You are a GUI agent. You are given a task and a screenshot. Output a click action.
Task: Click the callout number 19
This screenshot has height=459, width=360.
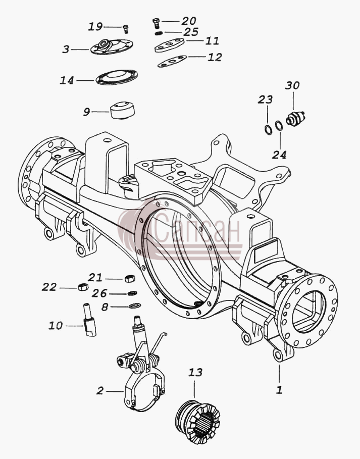tap(95, 27)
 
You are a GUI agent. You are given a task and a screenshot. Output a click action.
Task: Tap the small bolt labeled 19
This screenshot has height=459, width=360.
tap(126, 28)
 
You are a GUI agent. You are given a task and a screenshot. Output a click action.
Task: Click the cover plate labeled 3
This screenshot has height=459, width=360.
tap(112, 46)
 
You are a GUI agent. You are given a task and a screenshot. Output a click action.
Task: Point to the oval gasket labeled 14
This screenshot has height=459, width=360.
tap(117, 77)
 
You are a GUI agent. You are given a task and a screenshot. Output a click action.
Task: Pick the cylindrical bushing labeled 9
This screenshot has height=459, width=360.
tap(123, 110)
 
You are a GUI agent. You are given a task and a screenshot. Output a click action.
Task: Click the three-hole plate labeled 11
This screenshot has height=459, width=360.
tap(169, 45)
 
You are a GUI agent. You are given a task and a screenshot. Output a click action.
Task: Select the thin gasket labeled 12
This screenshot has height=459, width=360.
tap(172, 61)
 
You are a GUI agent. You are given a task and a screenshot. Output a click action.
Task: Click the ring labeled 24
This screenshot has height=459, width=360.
tap(279, 126)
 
